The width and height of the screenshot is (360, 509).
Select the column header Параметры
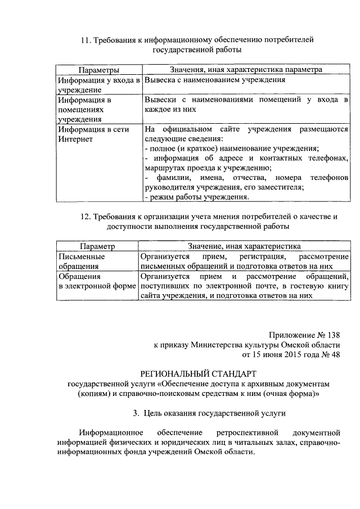point(98,70)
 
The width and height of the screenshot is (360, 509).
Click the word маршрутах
point(164,168)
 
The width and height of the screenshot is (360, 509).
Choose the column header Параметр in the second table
point(97,246)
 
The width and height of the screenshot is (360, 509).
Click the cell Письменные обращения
point(82,261)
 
